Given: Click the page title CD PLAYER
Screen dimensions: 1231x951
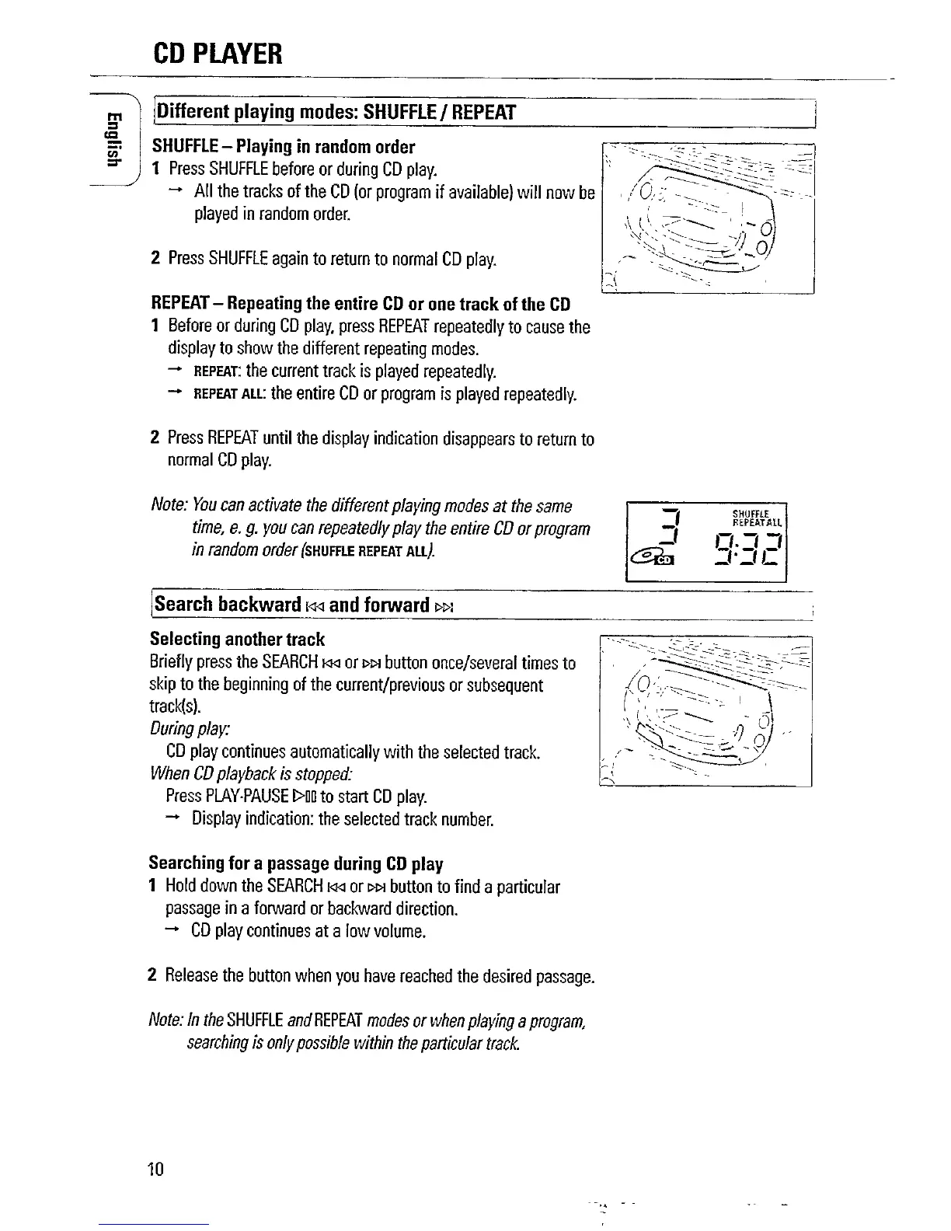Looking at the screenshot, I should [x=217, y=54].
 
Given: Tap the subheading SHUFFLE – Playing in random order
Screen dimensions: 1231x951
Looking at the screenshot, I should [x=284, y=147].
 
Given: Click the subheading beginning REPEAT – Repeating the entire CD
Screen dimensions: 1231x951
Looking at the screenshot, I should [x=361, y=303].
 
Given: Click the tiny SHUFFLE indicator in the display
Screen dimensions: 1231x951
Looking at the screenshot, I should [x=751, y=513].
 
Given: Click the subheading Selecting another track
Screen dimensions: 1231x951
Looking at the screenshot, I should [x=237, y=640].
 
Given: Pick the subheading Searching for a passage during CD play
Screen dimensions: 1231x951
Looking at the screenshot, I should [x=295, y=863].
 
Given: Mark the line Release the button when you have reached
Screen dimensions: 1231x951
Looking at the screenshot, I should [x=371, y=976].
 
